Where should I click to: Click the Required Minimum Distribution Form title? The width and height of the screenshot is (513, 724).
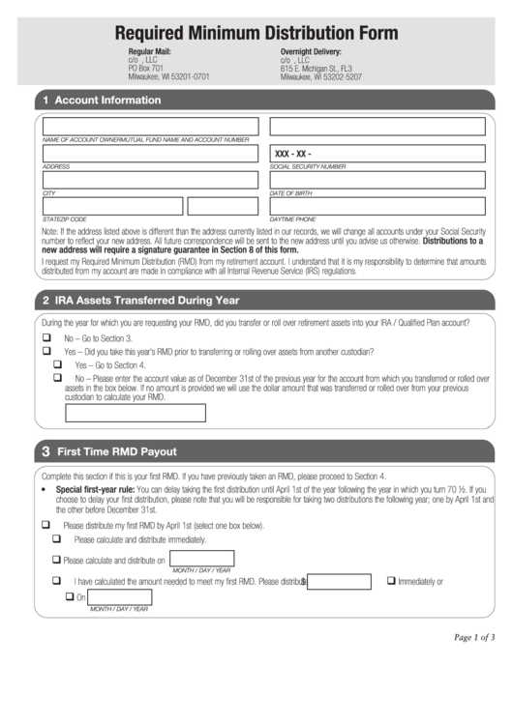[256, 32]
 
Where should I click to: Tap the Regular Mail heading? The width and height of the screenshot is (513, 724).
[149, 51]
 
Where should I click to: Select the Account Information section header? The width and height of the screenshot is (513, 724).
[107, 100]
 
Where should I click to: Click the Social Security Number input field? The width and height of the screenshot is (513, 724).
[377, 154]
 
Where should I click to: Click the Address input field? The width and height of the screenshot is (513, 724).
[150, 154]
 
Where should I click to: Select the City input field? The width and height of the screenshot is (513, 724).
[150, 179]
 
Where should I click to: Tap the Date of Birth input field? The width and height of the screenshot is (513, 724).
[377, 179]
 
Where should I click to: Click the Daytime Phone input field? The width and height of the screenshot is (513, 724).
[377, 206]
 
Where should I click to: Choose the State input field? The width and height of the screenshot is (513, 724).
[112, 206]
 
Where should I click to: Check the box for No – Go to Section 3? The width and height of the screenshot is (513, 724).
[46, 339]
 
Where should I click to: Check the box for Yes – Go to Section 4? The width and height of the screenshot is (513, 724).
[58, 364]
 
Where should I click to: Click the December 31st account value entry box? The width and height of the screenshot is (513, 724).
[135, 413]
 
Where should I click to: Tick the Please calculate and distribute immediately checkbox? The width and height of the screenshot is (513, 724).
[58, 539]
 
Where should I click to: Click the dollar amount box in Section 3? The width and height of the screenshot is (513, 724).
[339, 582]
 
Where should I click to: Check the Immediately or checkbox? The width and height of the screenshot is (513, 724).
[391, 581]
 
